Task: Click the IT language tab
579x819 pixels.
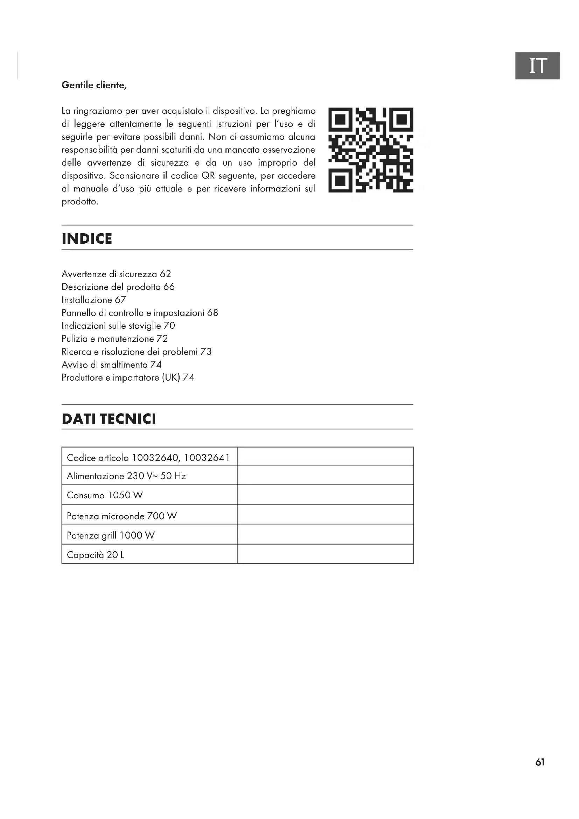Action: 537,65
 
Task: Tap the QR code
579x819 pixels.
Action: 371,150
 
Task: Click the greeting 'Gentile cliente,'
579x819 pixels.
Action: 94,85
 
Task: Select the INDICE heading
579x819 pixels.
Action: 87,239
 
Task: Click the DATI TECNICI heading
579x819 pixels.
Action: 109,419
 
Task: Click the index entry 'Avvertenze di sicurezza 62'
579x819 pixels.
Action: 116,274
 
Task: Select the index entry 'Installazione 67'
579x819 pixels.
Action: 94,300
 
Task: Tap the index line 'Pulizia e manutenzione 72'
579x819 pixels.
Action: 114,339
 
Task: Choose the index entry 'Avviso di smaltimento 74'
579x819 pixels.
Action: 112,365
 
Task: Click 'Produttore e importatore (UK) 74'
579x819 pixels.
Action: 128,377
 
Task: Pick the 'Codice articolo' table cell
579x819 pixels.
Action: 149,457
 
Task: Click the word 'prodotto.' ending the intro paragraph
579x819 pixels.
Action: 80,202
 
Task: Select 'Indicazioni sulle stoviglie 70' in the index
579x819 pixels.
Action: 118,326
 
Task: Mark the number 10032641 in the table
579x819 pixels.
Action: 207,457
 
